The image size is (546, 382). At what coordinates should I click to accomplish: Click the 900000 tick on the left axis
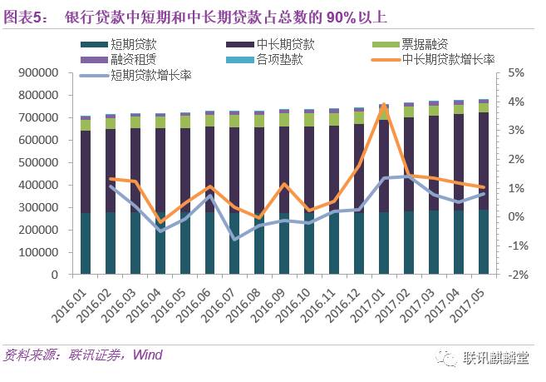point(37,73)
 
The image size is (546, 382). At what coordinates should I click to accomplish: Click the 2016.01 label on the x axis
point(78,298)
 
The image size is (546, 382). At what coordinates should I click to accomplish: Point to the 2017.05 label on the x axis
point(473,298)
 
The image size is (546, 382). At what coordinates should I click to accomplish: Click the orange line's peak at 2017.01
point(384,106)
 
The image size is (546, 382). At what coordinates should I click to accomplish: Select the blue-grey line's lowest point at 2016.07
point(235,239)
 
